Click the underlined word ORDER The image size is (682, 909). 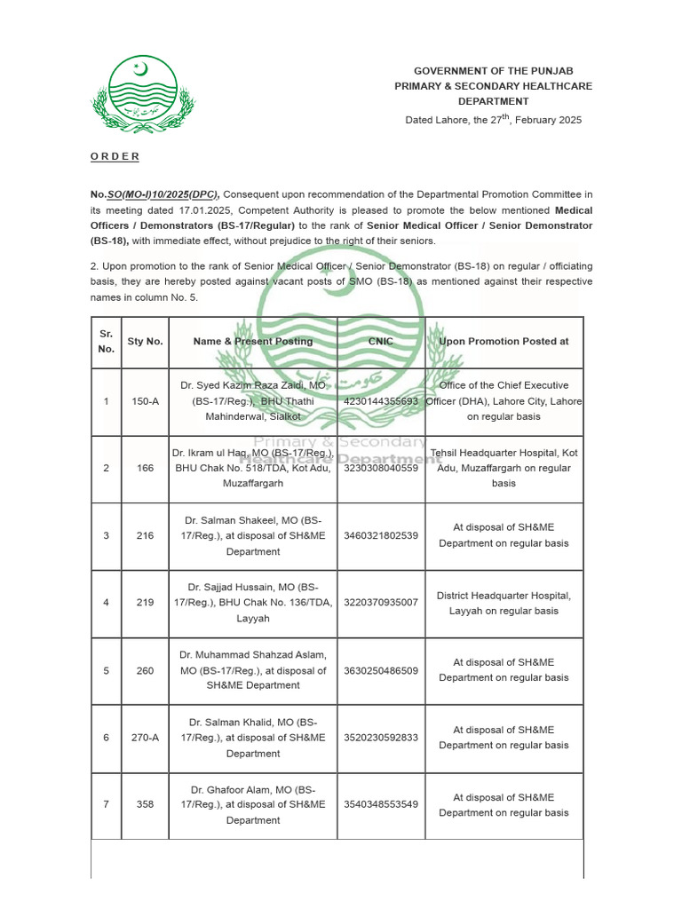(115, 156)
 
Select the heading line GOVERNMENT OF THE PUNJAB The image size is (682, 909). (494, 70)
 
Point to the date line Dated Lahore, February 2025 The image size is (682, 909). (494, 119)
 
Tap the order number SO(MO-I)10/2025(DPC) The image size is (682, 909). (163, 194)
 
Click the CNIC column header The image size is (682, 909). (381, 341)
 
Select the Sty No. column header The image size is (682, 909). (145, 341)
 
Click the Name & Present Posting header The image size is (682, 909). (253, 341)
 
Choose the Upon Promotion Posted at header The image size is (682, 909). (504, 341)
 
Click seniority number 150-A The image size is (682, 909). (145, 401)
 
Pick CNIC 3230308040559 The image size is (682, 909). (381, 468)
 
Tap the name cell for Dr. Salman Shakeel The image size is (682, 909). (253, 535)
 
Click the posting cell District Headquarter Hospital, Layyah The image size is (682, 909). (504, 603)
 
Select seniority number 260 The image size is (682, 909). (145, 670)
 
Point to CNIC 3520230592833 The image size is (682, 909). (381, 738)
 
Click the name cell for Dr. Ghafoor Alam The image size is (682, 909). (253, 804)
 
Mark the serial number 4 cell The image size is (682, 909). (106, 603)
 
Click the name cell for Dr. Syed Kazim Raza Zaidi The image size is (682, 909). (253, 401)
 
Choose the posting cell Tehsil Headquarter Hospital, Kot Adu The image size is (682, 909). (504, 468)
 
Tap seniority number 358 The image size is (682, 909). (145, 804)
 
